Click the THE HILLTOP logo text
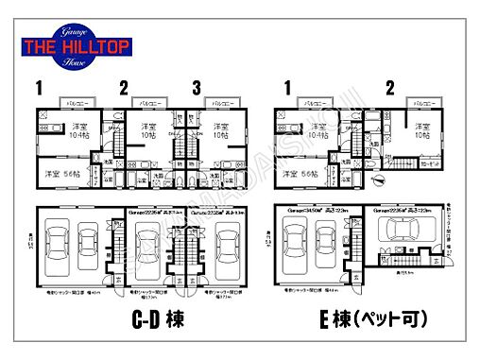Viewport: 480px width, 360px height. click(x=77, y=45)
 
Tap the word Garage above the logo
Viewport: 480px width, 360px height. click(x=77, y=31)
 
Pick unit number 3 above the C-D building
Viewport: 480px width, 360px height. click(x=197, y=88)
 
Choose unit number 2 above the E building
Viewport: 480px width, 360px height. click(x=389, y=88)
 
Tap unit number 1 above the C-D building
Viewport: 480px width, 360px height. click(x=39, y=88)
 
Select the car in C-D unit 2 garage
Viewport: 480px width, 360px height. click(x=145, y=248)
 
